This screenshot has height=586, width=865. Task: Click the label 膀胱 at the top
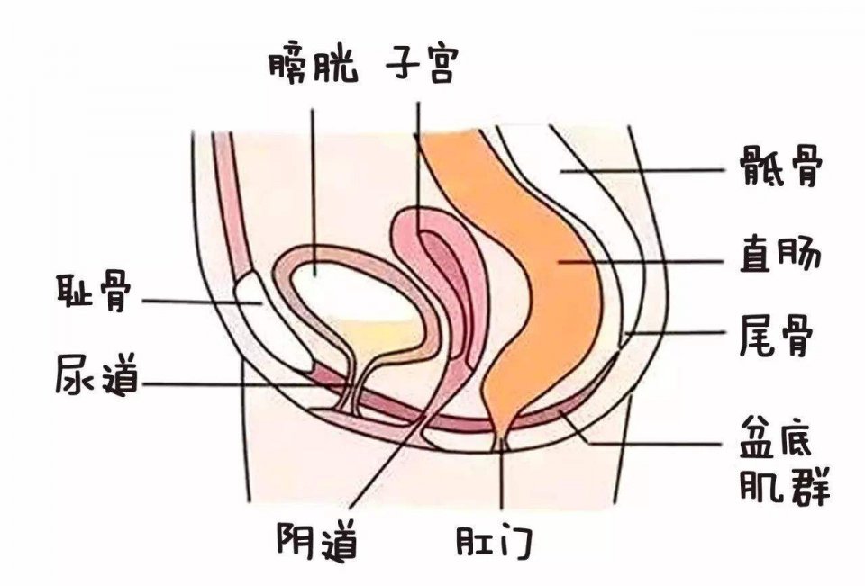click(313, 65)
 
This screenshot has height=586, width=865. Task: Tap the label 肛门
click(495, 543)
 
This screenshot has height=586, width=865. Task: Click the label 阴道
click(316, 542)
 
